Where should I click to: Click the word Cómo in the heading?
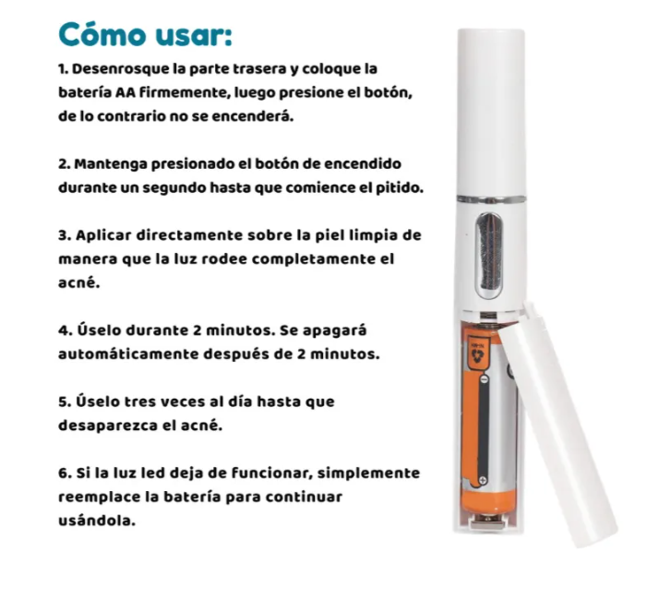tap(102, 35)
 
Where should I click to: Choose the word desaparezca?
tap(108, 425)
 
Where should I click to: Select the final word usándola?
tap(96, 521)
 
